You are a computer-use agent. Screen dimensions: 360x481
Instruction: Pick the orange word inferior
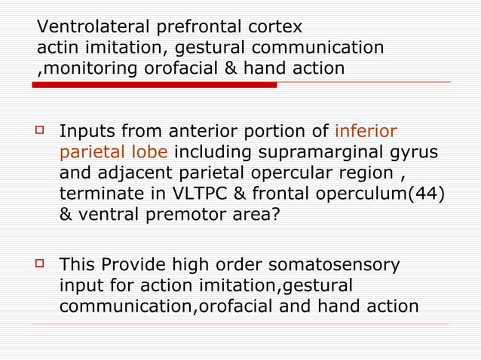click(365, 132)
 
